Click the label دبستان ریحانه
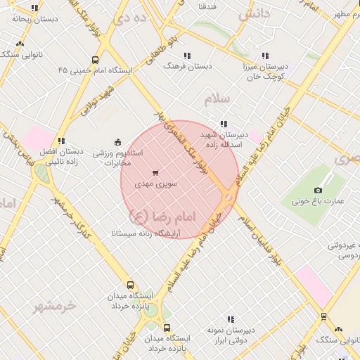pyautogui.click(x=32, y=20)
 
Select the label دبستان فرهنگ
pyautogui.click(x=188, y=65)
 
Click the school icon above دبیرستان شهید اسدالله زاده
pyautogui.click(x=224, y=123)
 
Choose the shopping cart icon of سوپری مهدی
pyautogui.click(x=155, y=172)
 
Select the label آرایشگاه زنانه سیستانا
pyautogui.click(x=146, y=232)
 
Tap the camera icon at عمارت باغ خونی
pyautogui.click(x=318, y=191)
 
